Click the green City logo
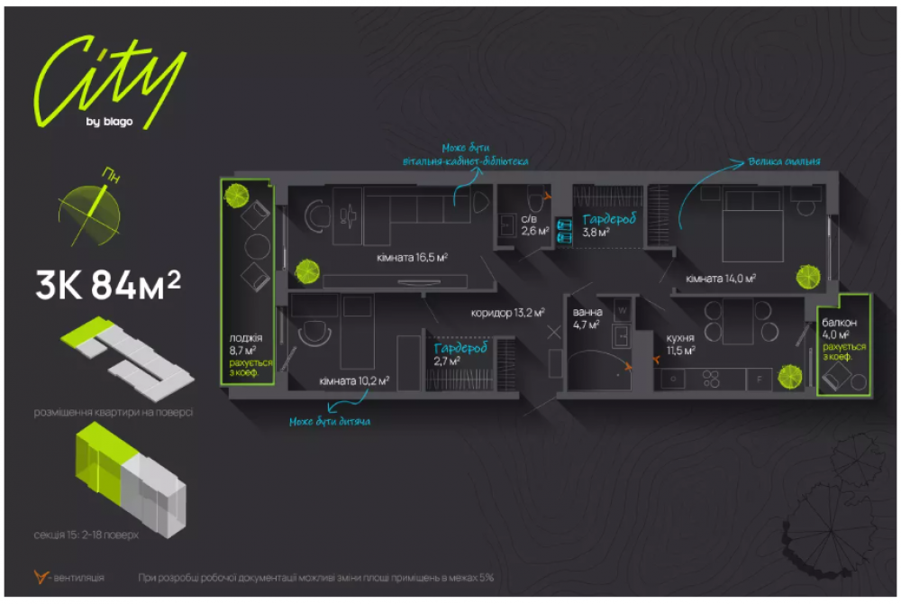point(108,81)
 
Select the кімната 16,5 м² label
point(413,257)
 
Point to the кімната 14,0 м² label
point(720,279)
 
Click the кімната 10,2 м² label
point(353,380)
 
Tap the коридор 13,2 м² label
point(507,314)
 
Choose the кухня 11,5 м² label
point(680,343)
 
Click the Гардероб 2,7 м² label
point(460,353)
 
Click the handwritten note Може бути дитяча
point(330,421)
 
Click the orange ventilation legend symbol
point(38,576)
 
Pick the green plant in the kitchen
point(789,373)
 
